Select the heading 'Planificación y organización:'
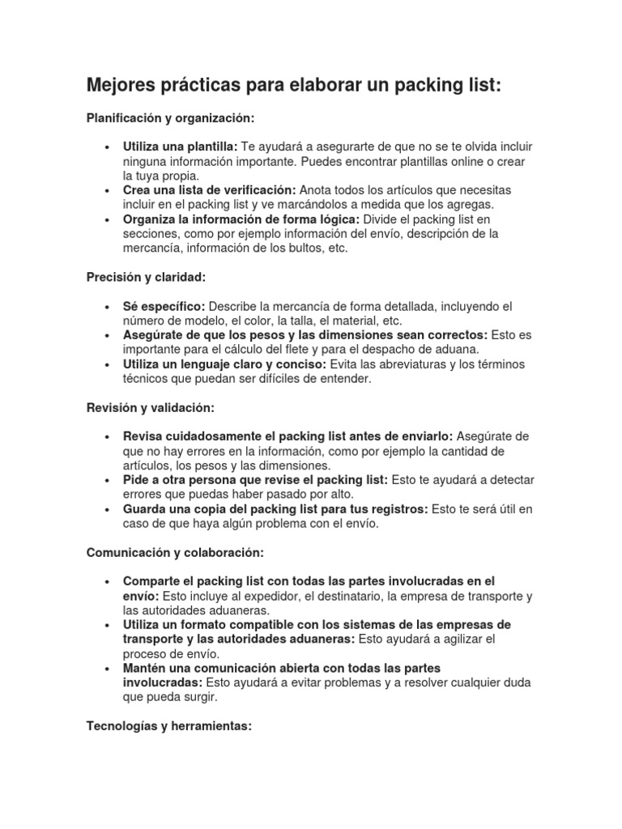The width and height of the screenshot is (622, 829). coord(170,118)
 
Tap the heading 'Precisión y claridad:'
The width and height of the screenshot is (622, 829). coord(147,277)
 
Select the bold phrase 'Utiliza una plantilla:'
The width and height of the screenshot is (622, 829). coord(181,147)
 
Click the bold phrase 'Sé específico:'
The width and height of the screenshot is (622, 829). coord(164,306)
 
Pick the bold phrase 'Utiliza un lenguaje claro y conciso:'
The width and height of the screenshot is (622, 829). coord(224,364)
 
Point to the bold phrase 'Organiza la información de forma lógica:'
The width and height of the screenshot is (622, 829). coord(241,219)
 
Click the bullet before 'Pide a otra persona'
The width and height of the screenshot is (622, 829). coord(107,480)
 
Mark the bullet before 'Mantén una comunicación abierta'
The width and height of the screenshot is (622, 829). coord(107,669)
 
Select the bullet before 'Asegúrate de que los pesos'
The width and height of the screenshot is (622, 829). coord(107,335)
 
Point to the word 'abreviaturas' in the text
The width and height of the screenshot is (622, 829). coord(415,364)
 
